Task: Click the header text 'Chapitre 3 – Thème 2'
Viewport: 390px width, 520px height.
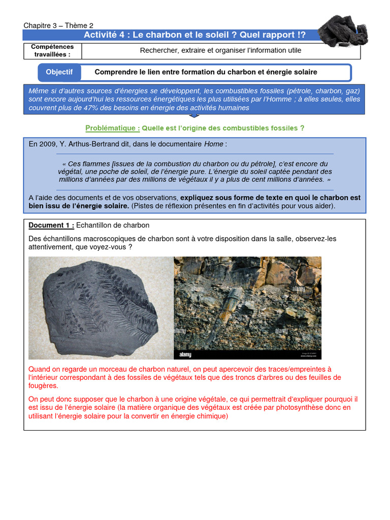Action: [x=58, y=25]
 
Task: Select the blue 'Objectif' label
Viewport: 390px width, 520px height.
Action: [x=59, y=72]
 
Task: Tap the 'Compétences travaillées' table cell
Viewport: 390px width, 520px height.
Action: [x=53, y=51]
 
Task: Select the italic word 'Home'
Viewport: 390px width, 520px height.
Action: [x=214, y=144]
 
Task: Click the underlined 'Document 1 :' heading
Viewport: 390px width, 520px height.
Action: [x=51, y=225]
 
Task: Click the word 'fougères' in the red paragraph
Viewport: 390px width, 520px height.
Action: [x=43, y=386]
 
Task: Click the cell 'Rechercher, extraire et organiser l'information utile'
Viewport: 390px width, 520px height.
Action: [x=220, y=50]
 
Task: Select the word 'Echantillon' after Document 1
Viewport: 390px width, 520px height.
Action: [x=95, y=225]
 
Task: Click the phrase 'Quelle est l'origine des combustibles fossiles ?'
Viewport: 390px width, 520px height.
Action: [x=223, y=128]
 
